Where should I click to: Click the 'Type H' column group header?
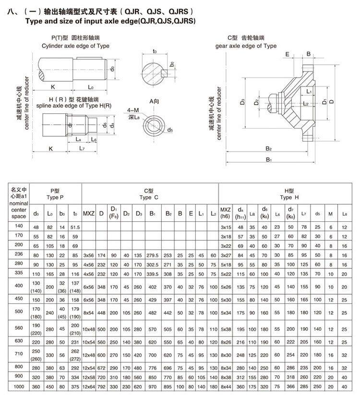tap(289, 193)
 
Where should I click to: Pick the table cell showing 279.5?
tap(153, 255)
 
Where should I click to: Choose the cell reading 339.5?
tap(153, 274)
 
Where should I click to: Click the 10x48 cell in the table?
tap(89, 330)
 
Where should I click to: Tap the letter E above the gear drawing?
tap(287, 54)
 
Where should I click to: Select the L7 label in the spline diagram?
tap(82, 149)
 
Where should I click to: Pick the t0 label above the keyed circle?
tap(155, 51)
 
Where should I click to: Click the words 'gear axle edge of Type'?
tap(246, 46)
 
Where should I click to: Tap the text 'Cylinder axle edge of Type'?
tap(75, 46)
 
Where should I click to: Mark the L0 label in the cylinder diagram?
tap(91, 87)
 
